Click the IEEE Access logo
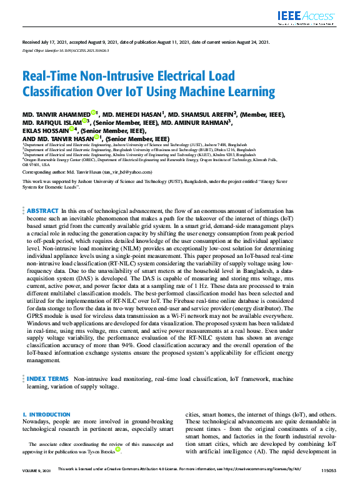(x=307, y=17)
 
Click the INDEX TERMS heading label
(x=48, y=378)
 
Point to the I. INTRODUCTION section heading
(x=46, y=415)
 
